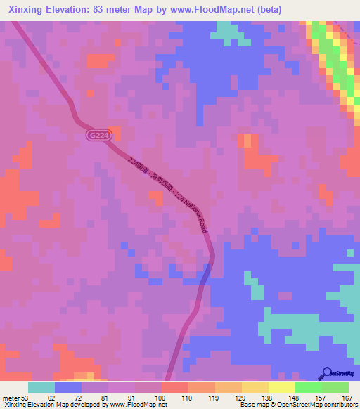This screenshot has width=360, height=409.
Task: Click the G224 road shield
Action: coord(98,134)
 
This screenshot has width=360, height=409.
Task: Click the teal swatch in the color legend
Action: coord(41,387)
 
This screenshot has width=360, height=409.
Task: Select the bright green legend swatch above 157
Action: coord(309,387)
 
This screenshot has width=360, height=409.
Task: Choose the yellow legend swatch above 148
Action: coord(281,387)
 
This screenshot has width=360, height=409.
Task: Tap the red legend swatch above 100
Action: coord(174,387)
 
